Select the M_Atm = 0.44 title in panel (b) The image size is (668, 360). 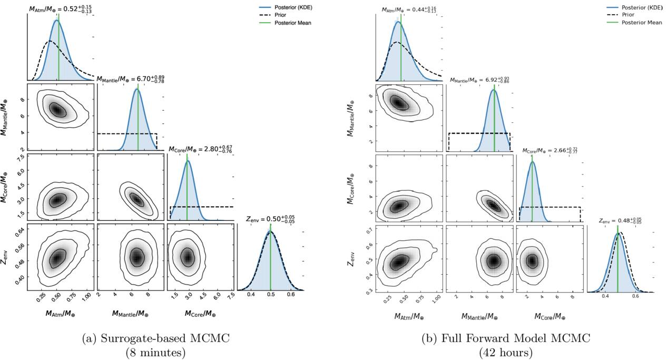click(x=409, y=9)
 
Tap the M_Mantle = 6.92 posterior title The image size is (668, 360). click(x=479, y=80)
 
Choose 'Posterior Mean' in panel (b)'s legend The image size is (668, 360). click(x=642, y=23)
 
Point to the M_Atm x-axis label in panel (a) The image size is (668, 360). click(x=60, y=314)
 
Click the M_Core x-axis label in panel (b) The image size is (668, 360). click(x=550, y=317)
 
